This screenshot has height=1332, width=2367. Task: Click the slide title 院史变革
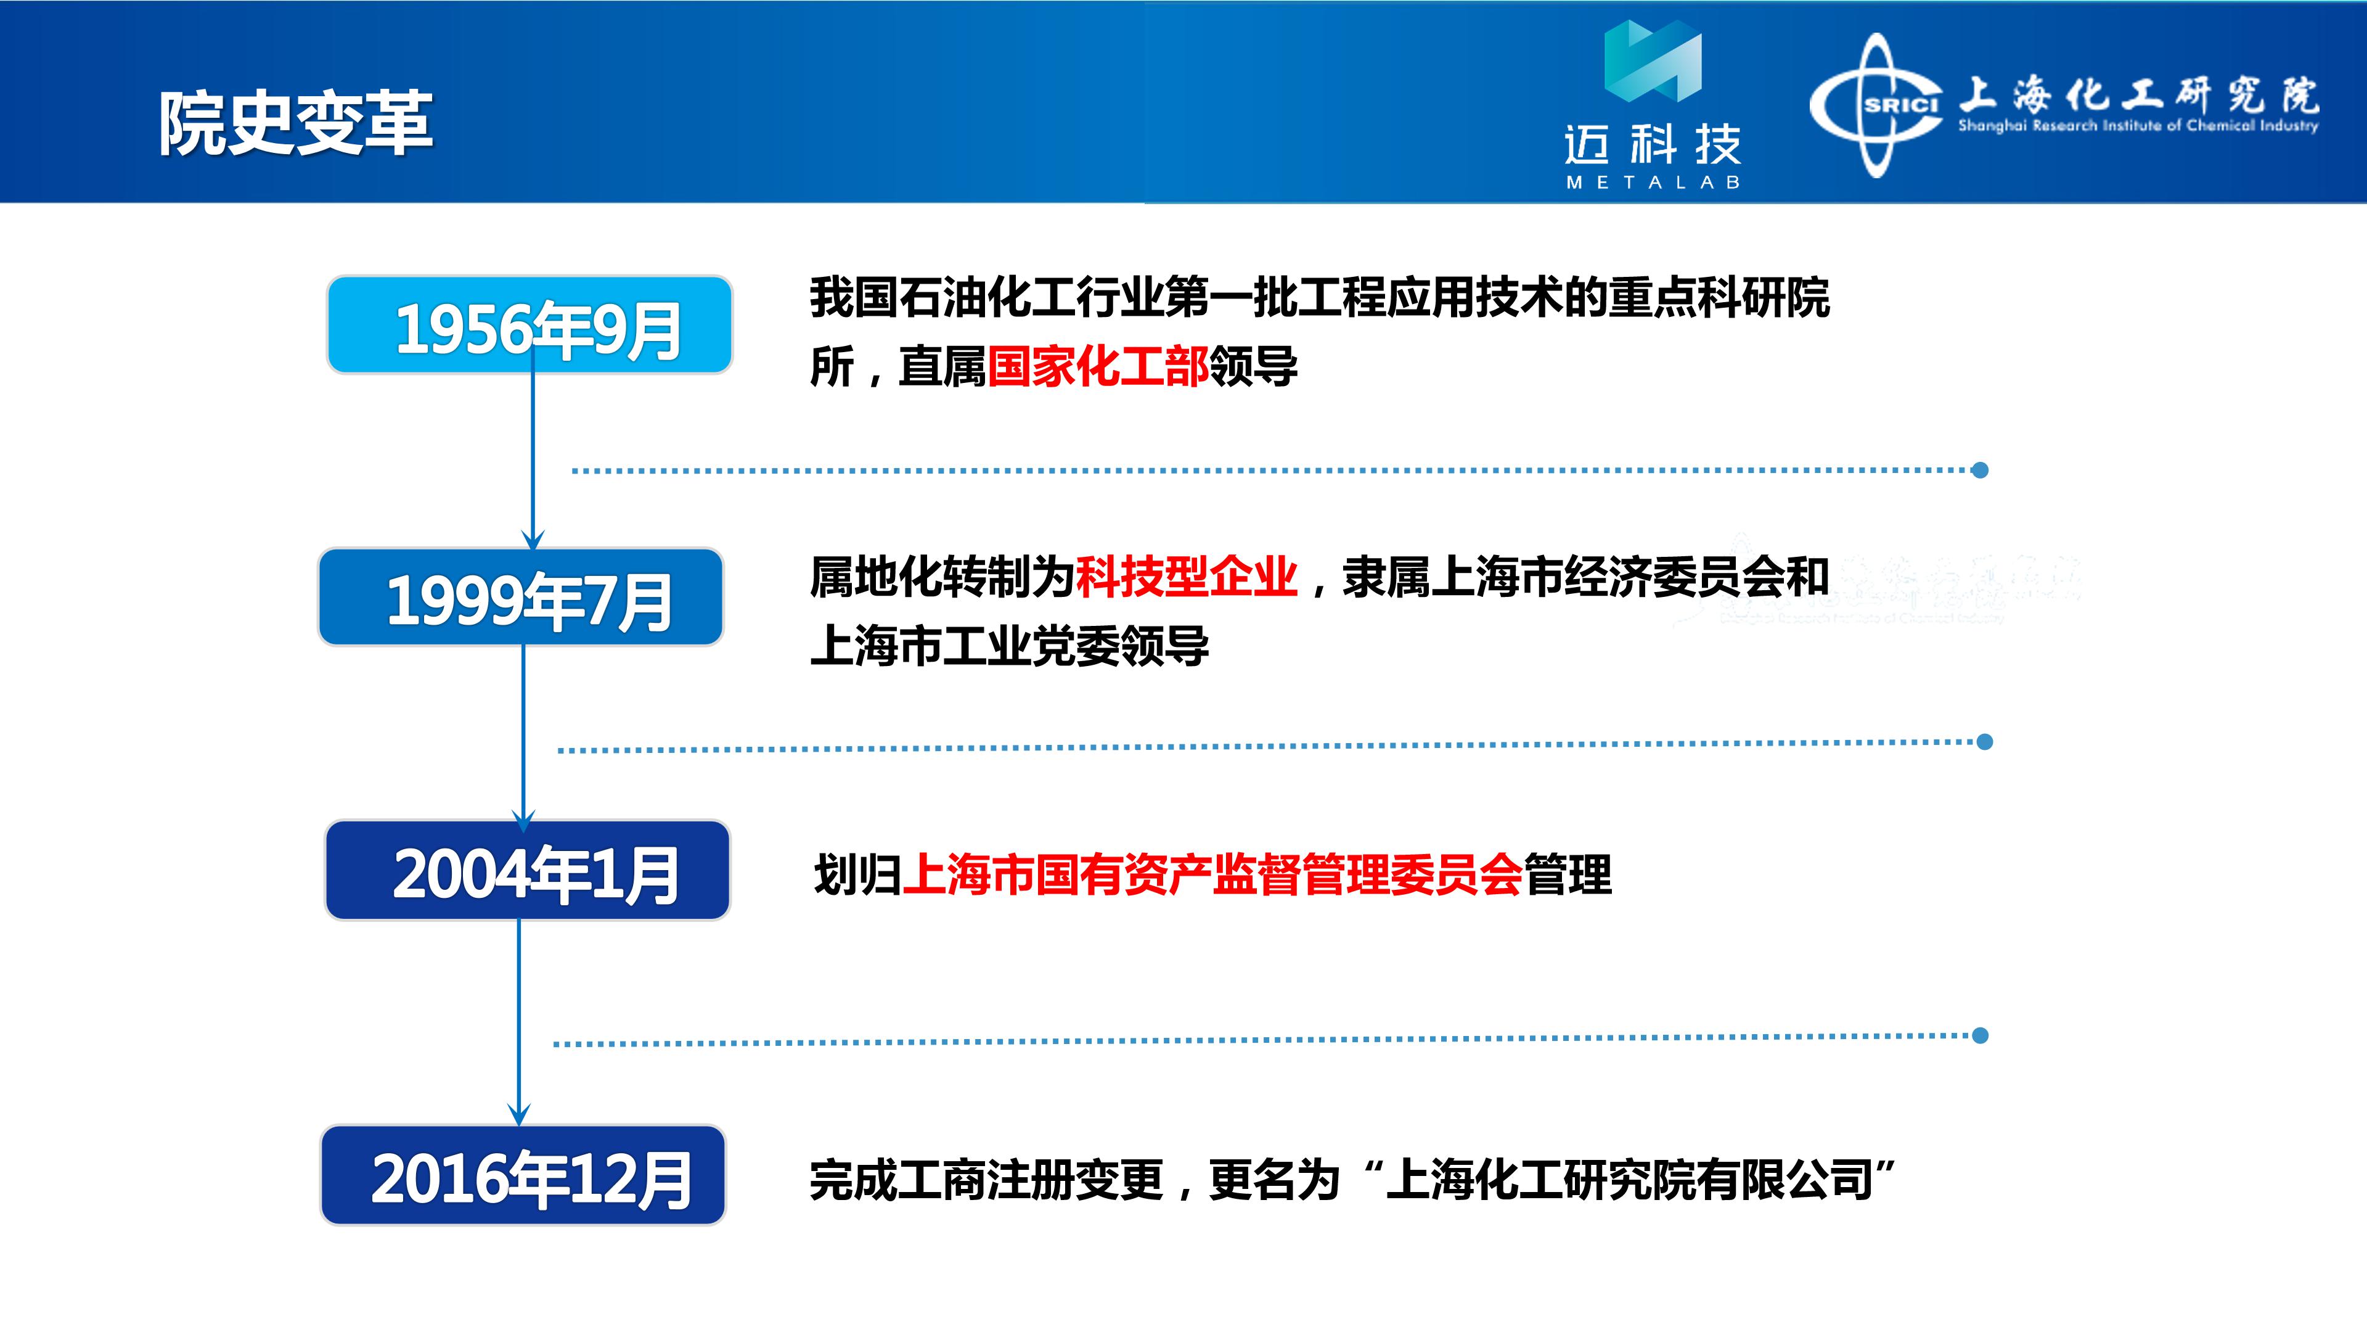point(295,123)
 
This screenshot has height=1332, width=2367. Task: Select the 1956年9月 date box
point(529,324)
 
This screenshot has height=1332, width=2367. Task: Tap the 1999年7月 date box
point(521,596)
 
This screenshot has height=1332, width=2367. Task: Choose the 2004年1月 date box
point(528,869)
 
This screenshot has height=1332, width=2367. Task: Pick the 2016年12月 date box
point(523,1175)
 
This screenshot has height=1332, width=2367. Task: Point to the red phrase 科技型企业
point(1186,577)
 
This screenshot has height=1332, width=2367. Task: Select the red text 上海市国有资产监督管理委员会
point(1213,874)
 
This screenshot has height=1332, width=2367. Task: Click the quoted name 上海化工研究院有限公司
point(1630,1180)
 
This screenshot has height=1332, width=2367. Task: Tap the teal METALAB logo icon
point(1653,60)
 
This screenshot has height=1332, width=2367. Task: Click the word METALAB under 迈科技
point(1653,183)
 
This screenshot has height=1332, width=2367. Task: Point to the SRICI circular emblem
point(1876,105)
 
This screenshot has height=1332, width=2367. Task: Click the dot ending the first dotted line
point(1980,470)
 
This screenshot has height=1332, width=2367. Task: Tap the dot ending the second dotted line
point(1985,742)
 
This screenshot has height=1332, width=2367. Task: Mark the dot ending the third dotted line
point(1980,1036)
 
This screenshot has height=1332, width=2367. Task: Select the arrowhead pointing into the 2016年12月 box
point(519,1115)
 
